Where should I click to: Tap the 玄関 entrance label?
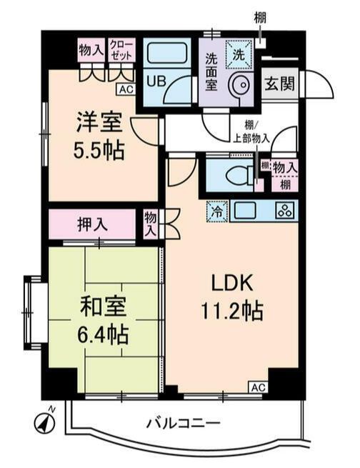click(280, 83)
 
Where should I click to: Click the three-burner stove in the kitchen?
click(284, 211)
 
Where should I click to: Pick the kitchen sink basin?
click(246, 211)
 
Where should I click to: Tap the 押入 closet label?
click(92, 224)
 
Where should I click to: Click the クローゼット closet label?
click(121, 51)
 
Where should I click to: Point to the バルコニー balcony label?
click(183, 422)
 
